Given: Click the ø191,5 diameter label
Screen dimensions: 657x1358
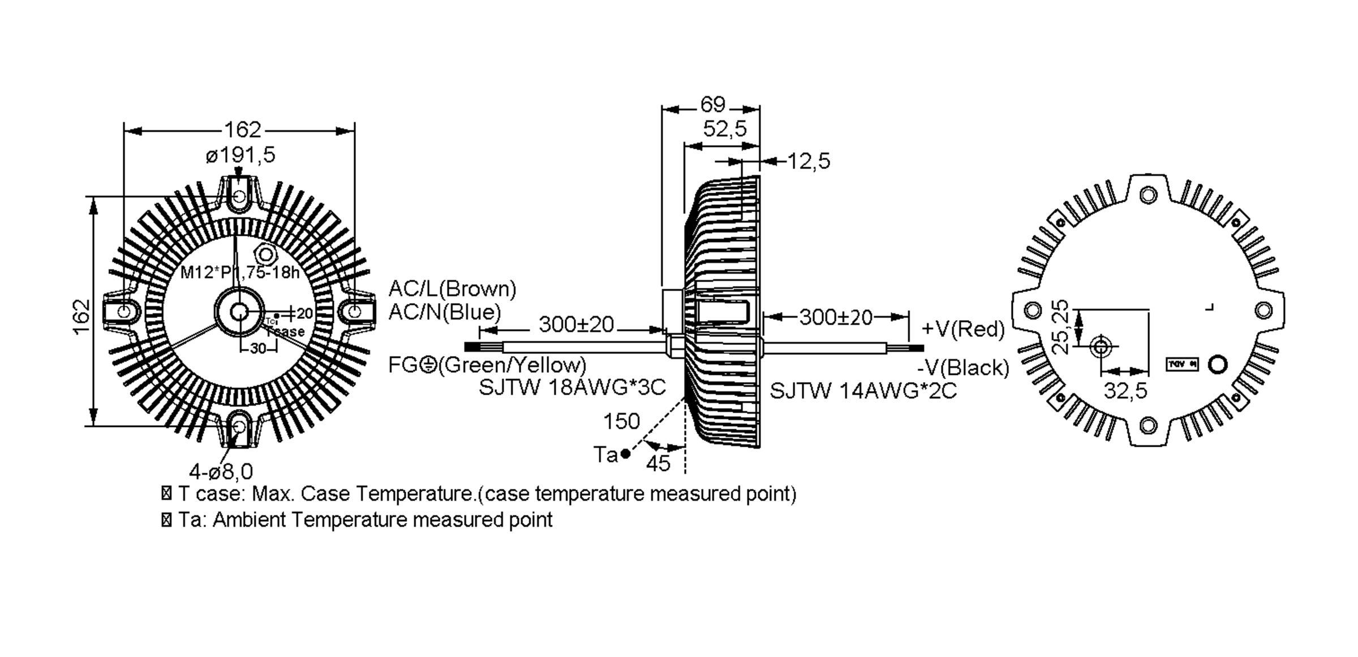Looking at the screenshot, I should coord(240,155).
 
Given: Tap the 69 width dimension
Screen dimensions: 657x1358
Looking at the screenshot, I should coord(712,105).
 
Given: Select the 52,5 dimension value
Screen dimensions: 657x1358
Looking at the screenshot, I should coord(724,129).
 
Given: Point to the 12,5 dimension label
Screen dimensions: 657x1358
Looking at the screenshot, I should coord(809,162).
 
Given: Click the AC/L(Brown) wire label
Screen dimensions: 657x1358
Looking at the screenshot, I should coord(452,289).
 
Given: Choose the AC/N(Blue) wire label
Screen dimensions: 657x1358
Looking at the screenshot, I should coord(445,312).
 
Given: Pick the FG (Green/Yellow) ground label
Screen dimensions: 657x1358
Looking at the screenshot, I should coord(487,365).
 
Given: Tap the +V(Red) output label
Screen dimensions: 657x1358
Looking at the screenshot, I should coord(963,329).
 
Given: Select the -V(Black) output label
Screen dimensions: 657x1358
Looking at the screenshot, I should coord(963,368).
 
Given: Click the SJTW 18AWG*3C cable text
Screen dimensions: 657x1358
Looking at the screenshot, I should coord(572,388).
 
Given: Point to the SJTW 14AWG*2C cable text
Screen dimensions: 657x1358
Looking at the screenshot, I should coord(863,391).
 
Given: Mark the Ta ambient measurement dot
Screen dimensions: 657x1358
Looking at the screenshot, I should coord(625,453).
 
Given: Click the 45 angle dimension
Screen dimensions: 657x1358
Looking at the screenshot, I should coord(658,464).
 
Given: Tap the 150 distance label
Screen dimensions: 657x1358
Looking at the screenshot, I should coord(621,422).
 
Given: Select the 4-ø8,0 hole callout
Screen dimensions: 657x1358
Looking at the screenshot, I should coord(221,471).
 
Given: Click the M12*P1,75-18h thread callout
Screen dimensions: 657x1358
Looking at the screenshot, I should coord(239,273).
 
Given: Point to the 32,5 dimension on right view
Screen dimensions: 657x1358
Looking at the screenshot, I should coord(1125,391).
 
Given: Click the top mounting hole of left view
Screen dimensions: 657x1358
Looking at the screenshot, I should coord(239,197).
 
